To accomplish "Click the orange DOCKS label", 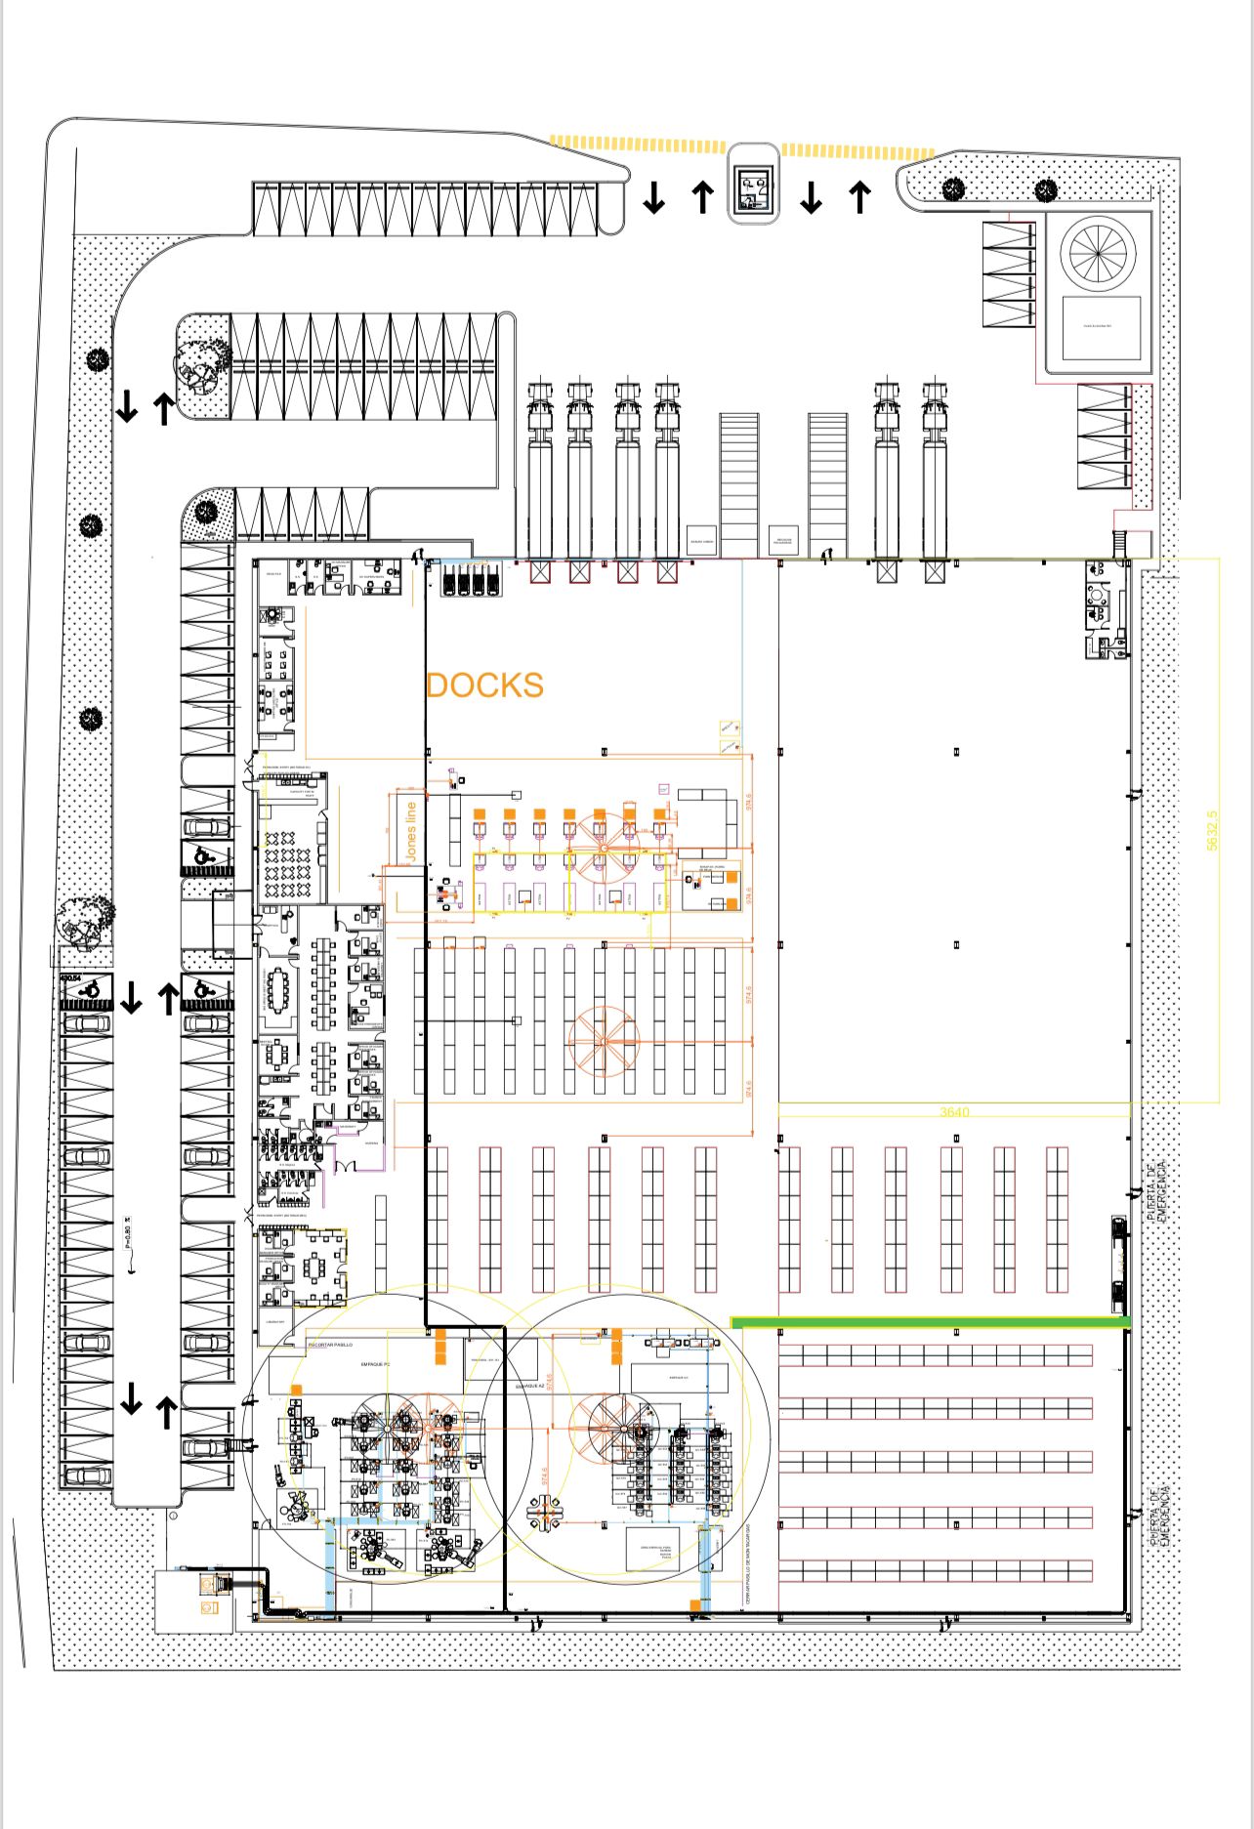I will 484,686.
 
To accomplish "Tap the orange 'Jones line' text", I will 411,831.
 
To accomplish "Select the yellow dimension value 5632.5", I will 1212,830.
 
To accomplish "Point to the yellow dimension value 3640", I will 954,1111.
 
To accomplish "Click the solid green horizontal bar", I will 931,1322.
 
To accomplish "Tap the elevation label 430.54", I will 70,977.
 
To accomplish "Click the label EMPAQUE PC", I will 375,1363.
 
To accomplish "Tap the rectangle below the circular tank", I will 1101,327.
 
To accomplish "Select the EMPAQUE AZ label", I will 529,1385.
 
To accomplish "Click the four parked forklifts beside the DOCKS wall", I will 472,580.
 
